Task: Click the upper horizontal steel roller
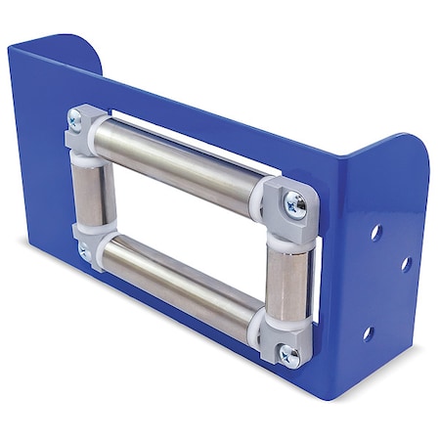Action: (181, 161)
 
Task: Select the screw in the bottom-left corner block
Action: (82, 252)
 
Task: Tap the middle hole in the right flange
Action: (405, 263)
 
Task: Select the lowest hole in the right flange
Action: (368, 333)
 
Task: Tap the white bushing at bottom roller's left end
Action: (102, 242)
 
